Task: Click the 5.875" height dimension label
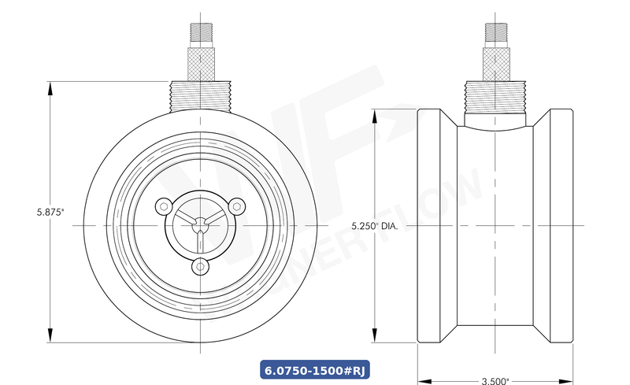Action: (x=50, y=212)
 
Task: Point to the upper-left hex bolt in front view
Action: (x=163, y=206)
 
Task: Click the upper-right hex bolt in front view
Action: (x=236, y=206)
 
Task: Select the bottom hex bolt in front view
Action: (x=200, y=268)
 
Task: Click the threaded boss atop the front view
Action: (x=200, y=95)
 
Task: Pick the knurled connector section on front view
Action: (x=200, y=64)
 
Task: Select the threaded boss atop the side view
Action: (x=495, y=97)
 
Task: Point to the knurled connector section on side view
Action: (x=495, y=64)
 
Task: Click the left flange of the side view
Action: (x=431, y=226)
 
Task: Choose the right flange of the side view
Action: (x=558, y=226)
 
